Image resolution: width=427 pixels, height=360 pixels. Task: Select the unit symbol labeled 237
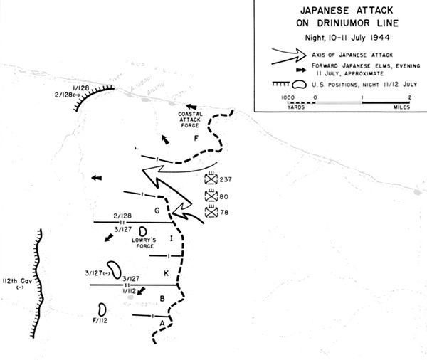pyautogui.click(x=211, y=179)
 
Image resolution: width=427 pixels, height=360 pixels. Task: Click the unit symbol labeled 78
pyautogui.click(x=211, y=212)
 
